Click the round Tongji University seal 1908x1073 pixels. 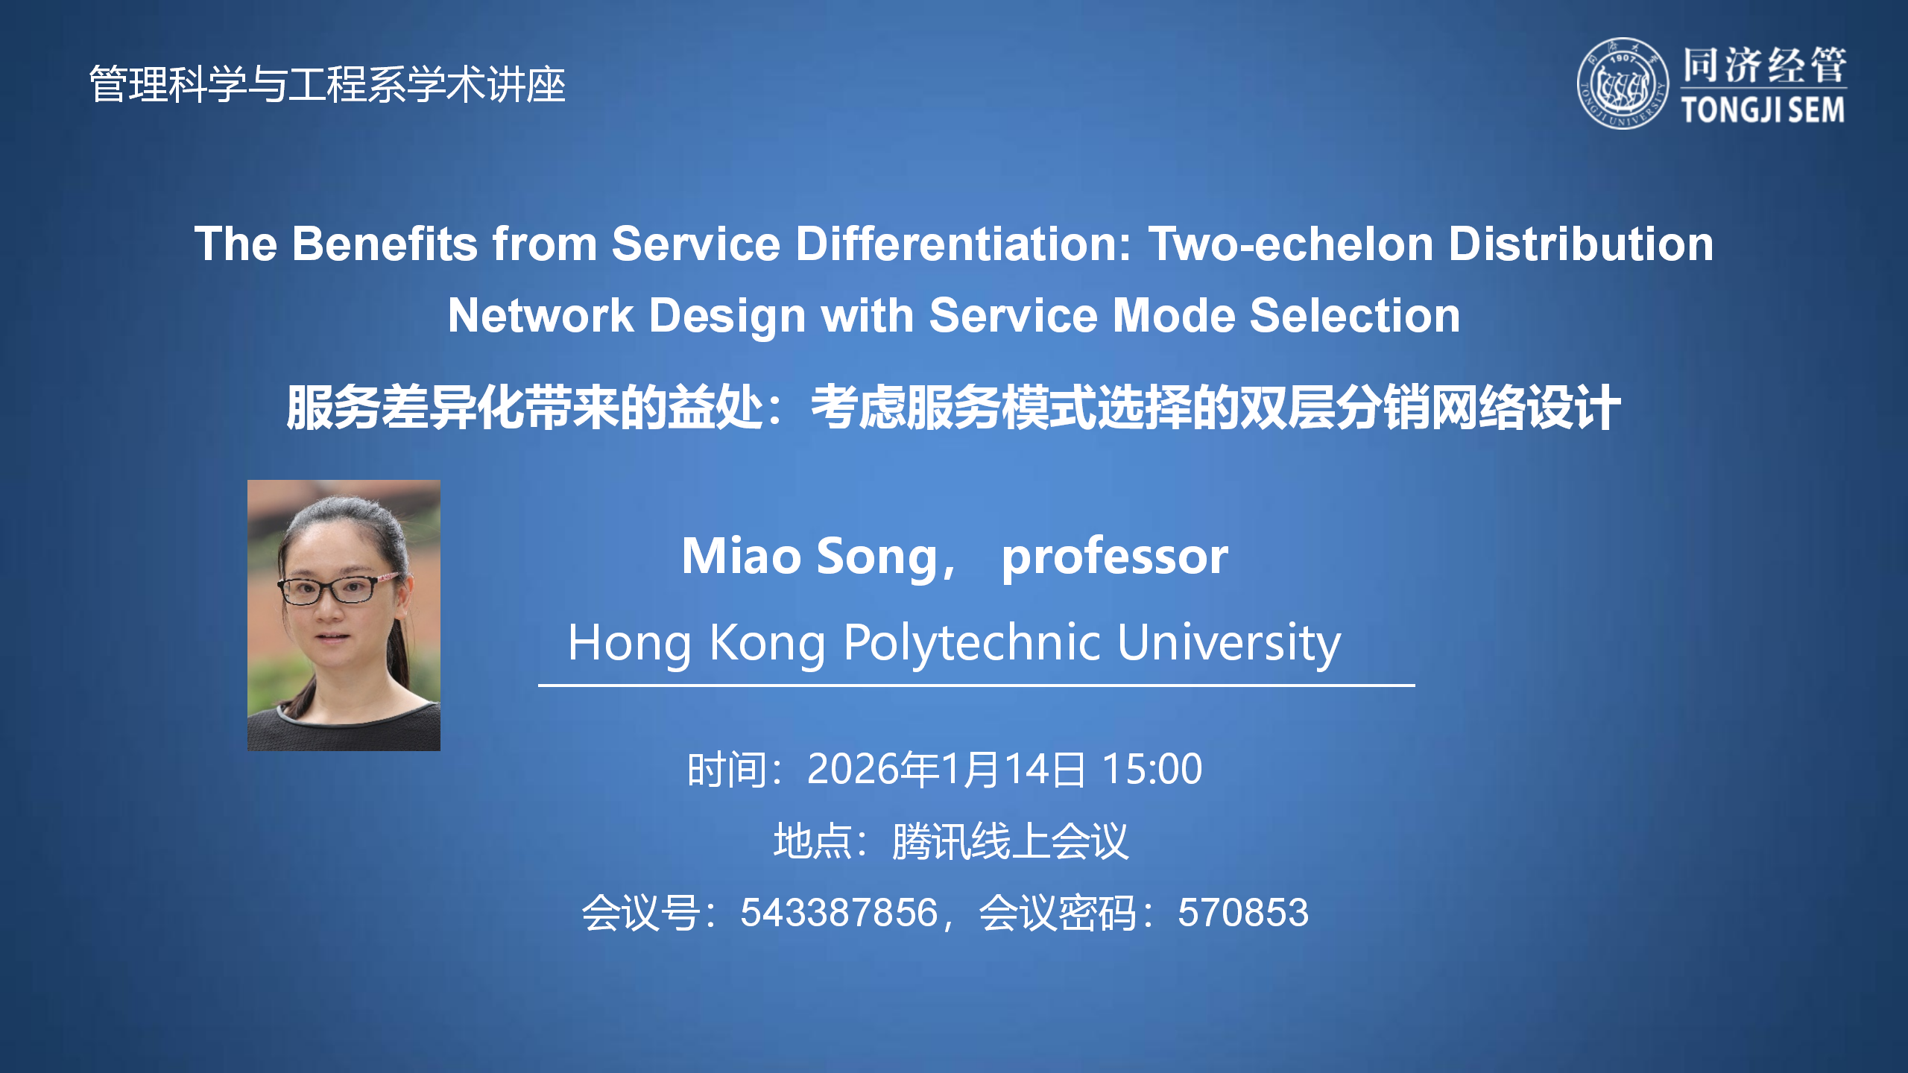tap(1623, 83)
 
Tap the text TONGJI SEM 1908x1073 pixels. tap(1763, 110)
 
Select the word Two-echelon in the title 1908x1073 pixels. tap(1290, 244)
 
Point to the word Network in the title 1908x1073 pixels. tap(540, 315)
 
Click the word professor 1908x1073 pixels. tap(1114, 557)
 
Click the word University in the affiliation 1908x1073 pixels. tap(1229, 642)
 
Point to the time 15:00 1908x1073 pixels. tap(1152, 769)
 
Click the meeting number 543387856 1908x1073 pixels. tap(838, 913)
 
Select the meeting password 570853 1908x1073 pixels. tap(1242, 913)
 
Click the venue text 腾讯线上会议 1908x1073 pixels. tap(1010, 841)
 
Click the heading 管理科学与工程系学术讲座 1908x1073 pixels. tap(327, 84)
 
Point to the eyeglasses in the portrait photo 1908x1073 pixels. tap(339, 589)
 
